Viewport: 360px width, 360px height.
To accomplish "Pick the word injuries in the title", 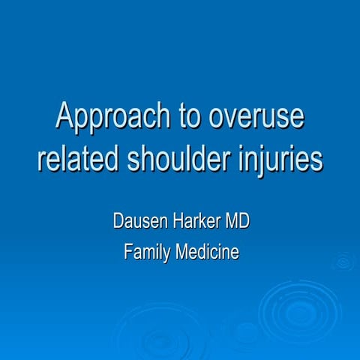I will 284,159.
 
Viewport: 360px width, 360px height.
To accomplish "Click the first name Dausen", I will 137,223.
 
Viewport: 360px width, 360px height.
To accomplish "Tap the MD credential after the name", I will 236,223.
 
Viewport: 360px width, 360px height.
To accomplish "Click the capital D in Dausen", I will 118,223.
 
